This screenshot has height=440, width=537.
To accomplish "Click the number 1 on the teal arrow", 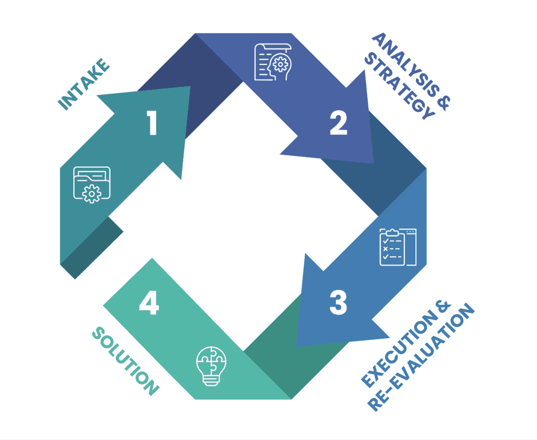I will point(152,124).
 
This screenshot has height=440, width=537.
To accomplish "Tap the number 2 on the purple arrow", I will point(338,124).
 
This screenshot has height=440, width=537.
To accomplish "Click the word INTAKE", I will point(84,85).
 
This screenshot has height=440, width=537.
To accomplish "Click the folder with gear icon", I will point(92,184).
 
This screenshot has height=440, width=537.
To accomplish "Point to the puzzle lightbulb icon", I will point(211,365).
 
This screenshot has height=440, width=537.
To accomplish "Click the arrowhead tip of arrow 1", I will point(190,87).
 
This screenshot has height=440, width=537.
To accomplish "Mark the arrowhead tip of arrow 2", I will point(373,163).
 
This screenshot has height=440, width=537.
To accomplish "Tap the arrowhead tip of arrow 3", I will point(297,346).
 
